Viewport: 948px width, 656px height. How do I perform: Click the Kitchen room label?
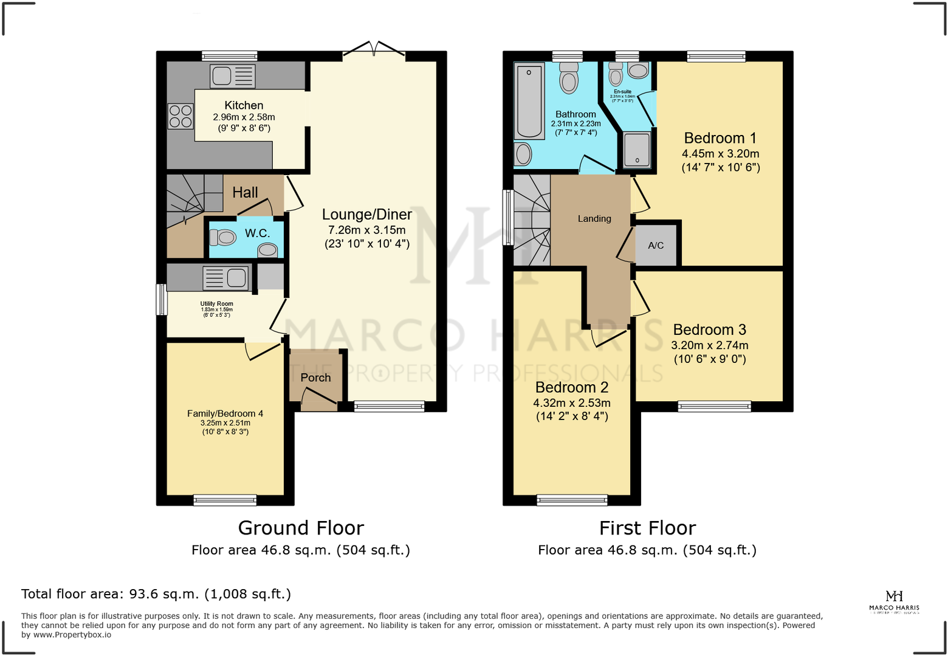pyautogui.click(x=244, y=105)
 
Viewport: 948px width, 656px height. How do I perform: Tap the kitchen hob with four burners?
pyautogui.click(x=180, y=116)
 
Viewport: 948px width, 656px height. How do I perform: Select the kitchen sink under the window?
pyautogui.click(x=232, y=76)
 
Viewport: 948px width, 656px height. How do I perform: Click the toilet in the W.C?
pyautogui.click(x=223, y=237)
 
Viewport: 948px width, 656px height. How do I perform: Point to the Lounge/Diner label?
pyautogui.click(x=366, y=215)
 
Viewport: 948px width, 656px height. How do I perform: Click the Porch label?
pyautogui.click(x=315, y=378)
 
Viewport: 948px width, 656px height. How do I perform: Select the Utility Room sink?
pyautogui.click(x=225, y=278)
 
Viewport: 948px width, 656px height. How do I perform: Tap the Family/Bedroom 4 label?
pyautogui.click(x=225, y=413)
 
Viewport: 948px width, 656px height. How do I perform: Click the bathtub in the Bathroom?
pyautogui.click(x=529, y=102)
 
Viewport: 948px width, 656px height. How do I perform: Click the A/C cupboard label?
pyautogui.click(x=656, y=246)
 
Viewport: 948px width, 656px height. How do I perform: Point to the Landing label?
pyautogui.click(x=594, y=219)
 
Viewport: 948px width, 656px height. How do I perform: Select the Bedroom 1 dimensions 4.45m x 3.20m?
pyautogui.click(x=720, y=154)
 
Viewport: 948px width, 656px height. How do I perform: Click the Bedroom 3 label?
pyautogui.click(x=709, y=330)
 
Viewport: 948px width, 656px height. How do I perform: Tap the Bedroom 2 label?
pyautogui.click(x=571, y=387)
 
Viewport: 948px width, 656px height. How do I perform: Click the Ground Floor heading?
pyautogui.click(x=301, y=528)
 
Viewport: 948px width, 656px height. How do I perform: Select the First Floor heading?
pyautogui.click(x=647, y=528)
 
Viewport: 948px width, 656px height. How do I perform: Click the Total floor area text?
pyautogui.click(x=156, y=594)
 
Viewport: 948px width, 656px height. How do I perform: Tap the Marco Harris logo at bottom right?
pyautogui.click(x=894, y=601)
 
